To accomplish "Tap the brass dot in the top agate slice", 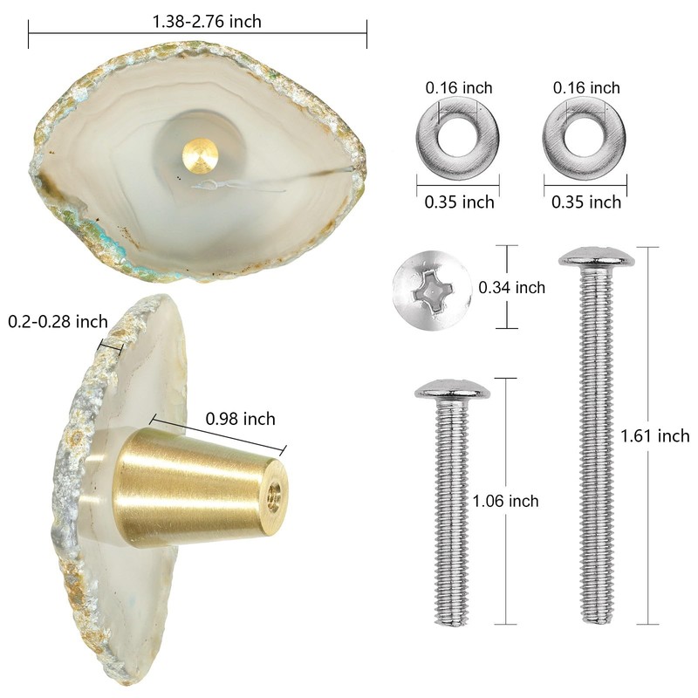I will tap(200, 155).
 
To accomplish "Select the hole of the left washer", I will tap(458, 137).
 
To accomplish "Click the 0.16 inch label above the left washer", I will tap(458, 87).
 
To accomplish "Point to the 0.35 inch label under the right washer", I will tap(585, 202).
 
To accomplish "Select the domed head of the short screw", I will tap(451, 391).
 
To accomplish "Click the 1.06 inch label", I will tap(505, 501).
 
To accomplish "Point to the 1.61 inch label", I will tap(654, 436).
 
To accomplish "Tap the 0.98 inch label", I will tap(240, 419).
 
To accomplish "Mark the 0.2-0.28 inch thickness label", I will tap(58, 322).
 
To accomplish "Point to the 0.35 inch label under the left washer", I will tap(459, 202).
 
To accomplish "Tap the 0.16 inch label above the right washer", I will tap(585, 87).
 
